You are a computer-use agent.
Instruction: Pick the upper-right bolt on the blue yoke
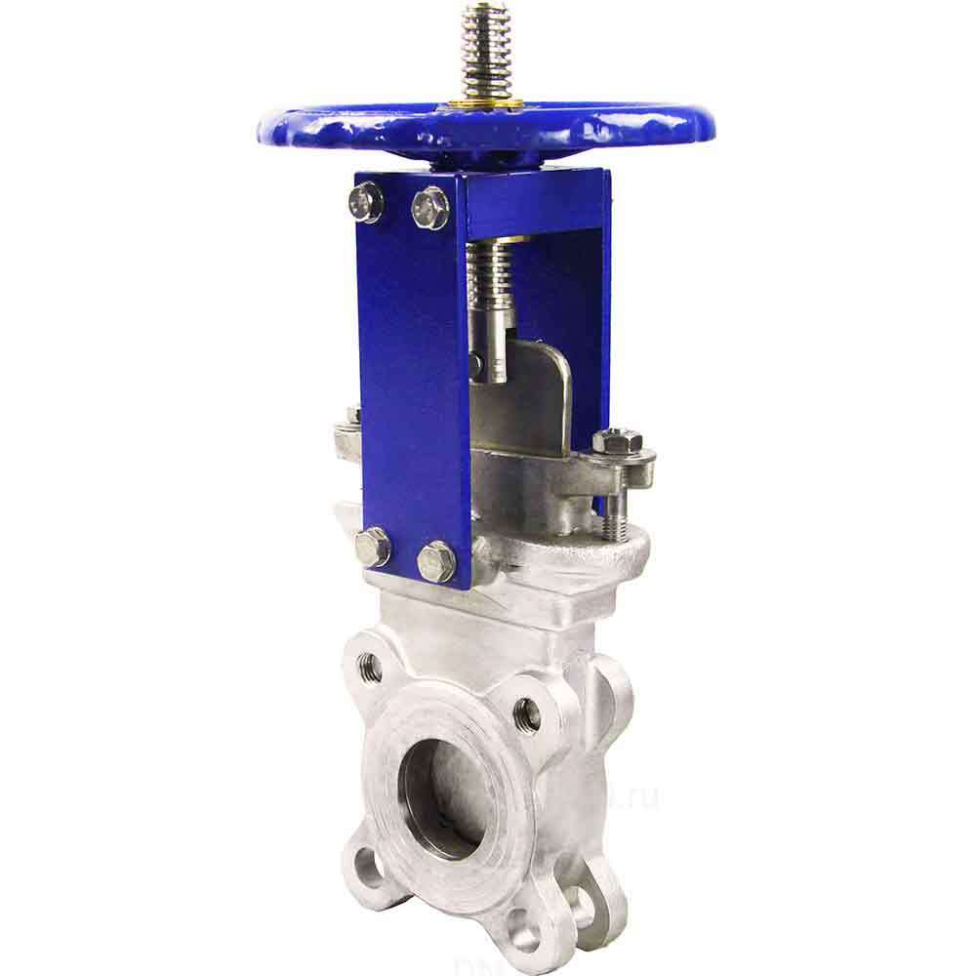429,207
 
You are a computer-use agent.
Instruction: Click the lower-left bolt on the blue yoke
373,547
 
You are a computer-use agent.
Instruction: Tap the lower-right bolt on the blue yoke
436,561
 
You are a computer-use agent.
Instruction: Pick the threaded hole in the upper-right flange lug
527,713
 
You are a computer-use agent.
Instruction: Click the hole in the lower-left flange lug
367,863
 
